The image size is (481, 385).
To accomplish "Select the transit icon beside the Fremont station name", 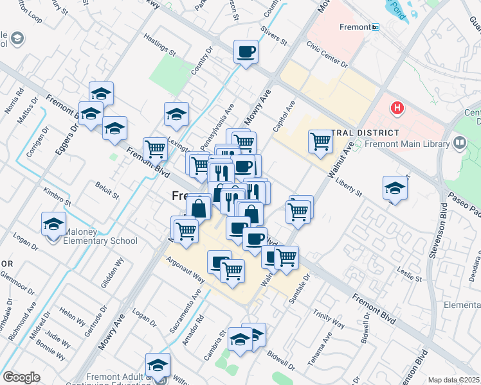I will pos(376,28).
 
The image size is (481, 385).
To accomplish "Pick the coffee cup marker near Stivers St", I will pos(246,52).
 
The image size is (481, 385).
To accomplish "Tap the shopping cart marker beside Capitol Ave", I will pos(320,142).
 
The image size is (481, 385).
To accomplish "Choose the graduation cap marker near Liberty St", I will pos(395,188).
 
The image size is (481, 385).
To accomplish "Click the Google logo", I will pos(21,377).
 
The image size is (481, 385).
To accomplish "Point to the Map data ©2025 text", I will pos(453,380).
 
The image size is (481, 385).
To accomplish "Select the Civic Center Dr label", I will pos(327,55).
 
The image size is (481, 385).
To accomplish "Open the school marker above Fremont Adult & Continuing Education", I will pos(158,365).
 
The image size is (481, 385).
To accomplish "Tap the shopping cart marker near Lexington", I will pos(156,150).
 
